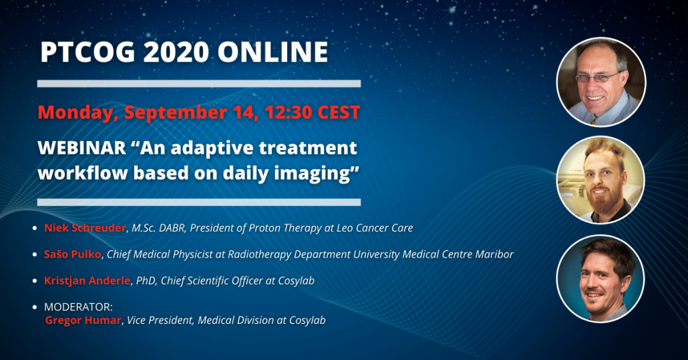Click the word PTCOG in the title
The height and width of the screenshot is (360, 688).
pyautogui.click(x=88, y=52)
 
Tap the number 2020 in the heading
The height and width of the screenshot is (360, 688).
pyautogui.click(x=176, y=52)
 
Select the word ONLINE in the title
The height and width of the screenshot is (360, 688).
pyautogui.click(x=273, y=52)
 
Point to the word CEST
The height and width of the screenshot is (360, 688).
pyautogui.click(x=338, y=113)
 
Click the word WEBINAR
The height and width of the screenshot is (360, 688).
pyautogui.click(x=82, y=148)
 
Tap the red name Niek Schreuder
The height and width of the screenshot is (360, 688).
pyautogui.click(x=85, y=228)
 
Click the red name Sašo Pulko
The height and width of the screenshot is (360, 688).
pyautogui.click(x=72, y=254)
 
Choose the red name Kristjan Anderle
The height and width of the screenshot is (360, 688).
pyautogui.click(x=88, y=281)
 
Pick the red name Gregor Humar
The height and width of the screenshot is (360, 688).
pyautogui.click(x=83, y=321)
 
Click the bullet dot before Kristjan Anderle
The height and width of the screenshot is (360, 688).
pyautogui.click(x=35, y=281)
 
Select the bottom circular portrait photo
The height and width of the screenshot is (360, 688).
pyautogui.click(x=600, y=279)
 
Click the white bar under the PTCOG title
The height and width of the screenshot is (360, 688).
pyautogui.click(x=199, y=83)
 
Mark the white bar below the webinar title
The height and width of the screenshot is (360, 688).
pyautogui.click(x=199, y=202)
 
